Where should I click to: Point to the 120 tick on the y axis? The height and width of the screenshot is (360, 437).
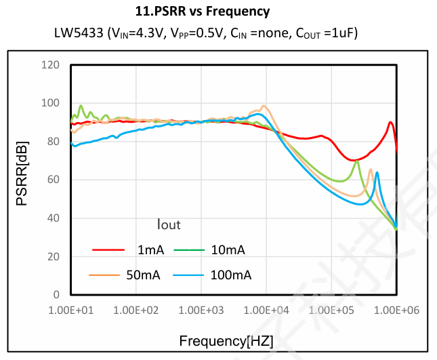pos(51,65)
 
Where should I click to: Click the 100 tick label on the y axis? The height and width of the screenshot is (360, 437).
pos(51,104)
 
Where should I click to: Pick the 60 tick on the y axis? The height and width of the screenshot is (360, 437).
pos(54,180)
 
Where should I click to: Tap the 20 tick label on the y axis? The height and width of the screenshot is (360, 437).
pos(54,257)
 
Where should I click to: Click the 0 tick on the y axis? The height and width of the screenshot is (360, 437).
pos(56,295)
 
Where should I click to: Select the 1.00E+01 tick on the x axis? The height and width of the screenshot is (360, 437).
pos(70,310)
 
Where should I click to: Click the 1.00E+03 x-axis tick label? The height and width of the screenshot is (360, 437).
pos(201,310)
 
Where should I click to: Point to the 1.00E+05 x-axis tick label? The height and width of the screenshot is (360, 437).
pos(332,310)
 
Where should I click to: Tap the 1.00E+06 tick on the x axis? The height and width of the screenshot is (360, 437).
pos(396,310)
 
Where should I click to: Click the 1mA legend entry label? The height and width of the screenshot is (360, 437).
pos(150,249)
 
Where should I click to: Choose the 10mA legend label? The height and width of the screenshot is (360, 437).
pos(228,249)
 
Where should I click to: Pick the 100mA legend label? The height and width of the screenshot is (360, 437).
pos(230,275)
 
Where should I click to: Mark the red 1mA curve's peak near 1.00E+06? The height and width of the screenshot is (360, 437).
pos(390,123)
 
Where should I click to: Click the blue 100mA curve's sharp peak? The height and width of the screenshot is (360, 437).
pos(377,173)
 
